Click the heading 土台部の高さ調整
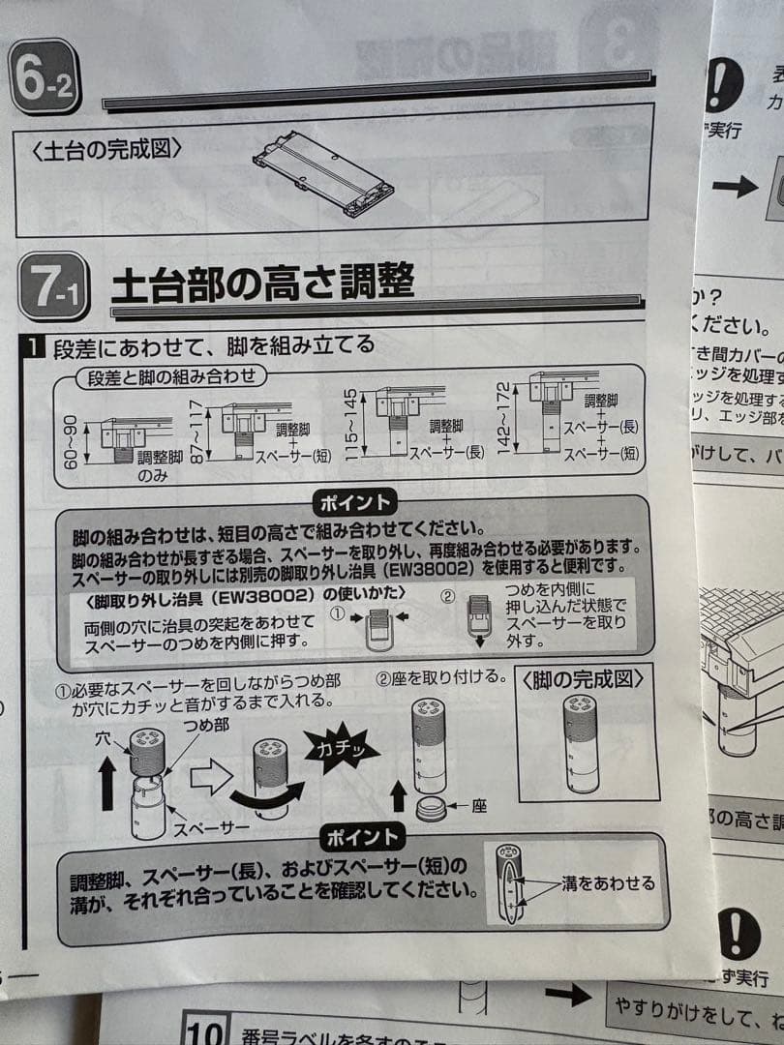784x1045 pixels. pyautogui.click(x=262, y=284)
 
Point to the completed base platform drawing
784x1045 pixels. pyautogui.click(x=323, y=171)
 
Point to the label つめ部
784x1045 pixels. pyautogui.click(x=206, y=725)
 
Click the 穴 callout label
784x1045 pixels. pyautogui.click(x=104, y=738)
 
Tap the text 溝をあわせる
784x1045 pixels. pyautogui.click(x=608, y=882)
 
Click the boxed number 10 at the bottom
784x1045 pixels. pyautogui.click(x=205, y=1028)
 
